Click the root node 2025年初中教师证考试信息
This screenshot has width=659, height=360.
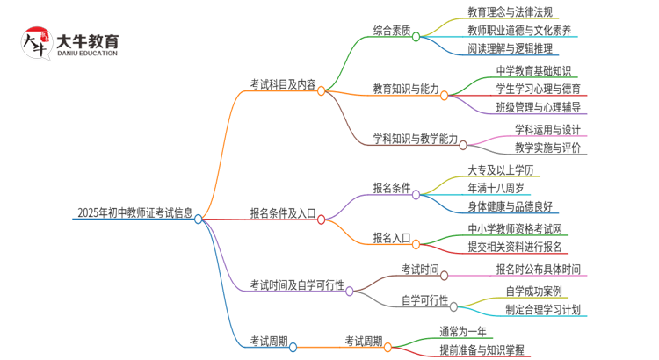(134, 212)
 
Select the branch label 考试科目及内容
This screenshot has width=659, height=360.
(283, 84)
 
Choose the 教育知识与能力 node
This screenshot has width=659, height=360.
(405, 89)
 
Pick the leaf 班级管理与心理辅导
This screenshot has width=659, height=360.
(538, 108)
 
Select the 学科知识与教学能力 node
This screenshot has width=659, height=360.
(416, 139)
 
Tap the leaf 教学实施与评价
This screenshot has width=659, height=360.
(547, 148)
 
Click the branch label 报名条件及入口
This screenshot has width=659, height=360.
(283, 212)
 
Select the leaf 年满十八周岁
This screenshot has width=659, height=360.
(498, 187)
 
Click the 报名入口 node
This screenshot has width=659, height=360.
(392, 237)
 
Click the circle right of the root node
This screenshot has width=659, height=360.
(199, 219)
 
